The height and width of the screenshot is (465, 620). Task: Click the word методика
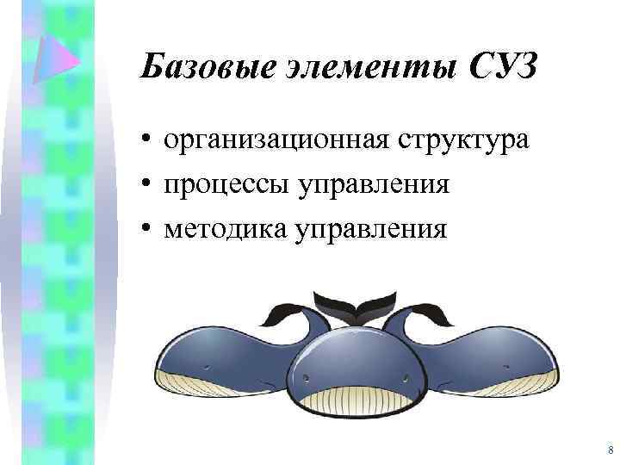[x=226, y=229]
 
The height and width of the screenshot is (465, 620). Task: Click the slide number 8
[x=610, y=450]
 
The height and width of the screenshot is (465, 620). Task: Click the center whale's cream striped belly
[x=356, y=400]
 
